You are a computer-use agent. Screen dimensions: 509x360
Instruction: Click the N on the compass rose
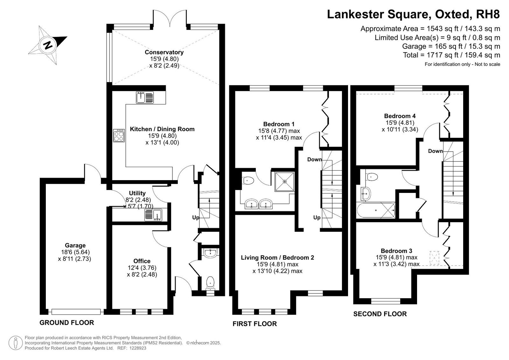pyautogui.click(x=48, y=45)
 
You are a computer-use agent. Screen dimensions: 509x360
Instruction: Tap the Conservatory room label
pyautogui.click(x=164, y=52)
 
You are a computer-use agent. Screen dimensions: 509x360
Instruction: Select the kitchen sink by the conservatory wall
pyautogui.click(x=145, y=98)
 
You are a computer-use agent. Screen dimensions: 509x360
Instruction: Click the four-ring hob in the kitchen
pyautogui.click(x=119, y=136)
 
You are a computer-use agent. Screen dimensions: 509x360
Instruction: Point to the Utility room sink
pyautogui.click(x=153, y=215)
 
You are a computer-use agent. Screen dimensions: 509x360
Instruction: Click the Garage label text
pyautogui.click(x=75, y=245)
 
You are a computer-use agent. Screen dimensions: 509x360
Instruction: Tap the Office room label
pyautogui.click(x=142, y=261)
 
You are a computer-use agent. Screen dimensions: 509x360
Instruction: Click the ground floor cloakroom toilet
pyautogui.click(x=210, y=283)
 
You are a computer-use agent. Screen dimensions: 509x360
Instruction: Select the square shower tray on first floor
pyautogui.click(x=284, y=181)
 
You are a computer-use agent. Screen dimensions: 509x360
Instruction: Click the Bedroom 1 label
pyautogui.click(x=279, y=124)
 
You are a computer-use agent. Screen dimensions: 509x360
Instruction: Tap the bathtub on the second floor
pyautogui.click(x=376, y=210)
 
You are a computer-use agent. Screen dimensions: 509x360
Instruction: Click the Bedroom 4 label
pyautogui.click(x=400, y=116)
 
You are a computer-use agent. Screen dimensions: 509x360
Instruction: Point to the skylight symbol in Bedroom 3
pyautogui.click(x=434, y=258)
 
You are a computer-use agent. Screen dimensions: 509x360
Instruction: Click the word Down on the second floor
pyautogui.click(x=436, y=151)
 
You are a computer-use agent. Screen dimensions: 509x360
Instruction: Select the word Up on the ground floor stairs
pyautogui.click(x=196, y=218)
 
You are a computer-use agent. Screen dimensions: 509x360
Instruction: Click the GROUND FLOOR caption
pyautogui.click(x=66, y=323)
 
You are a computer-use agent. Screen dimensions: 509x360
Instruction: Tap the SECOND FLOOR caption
pyautogui.click(x=380, y=314)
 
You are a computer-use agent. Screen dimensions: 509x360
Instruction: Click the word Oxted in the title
pyautogui.click(x=452, y=14)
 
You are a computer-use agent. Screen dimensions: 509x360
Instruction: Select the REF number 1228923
pyautogui.click(x=138, y=348)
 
